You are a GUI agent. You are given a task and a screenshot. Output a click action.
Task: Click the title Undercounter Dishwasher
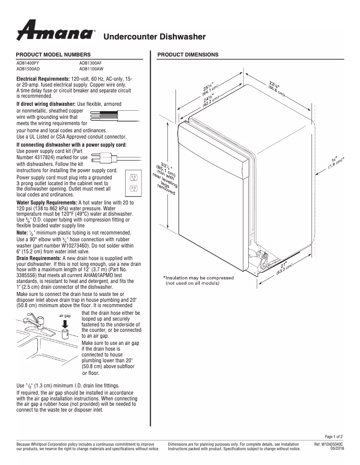click(x=154, y=37)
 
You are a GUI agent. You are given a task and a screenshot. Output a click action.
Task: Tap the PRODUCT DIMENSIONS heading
click(x=188, y=55)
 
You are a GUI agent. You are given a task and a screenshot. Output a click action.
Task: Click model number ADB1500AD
click(x=28, y=70)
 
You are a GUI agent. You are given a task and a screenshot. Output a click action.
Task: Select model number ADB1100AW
click(x=91, y=70)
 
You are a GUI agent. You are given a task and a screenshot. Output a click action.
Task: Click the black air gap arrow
click(x=65, y=324)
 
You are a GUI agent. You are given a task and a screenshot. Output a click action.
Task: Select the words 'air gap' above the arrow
click(x=65, y=316)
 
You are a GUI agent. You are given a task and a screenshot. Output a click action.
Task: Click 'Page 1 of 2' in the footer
click(x=334, y=436)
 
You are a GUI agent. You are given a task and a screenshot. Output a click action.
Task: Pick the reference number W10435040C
click(x=332, y=443)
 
